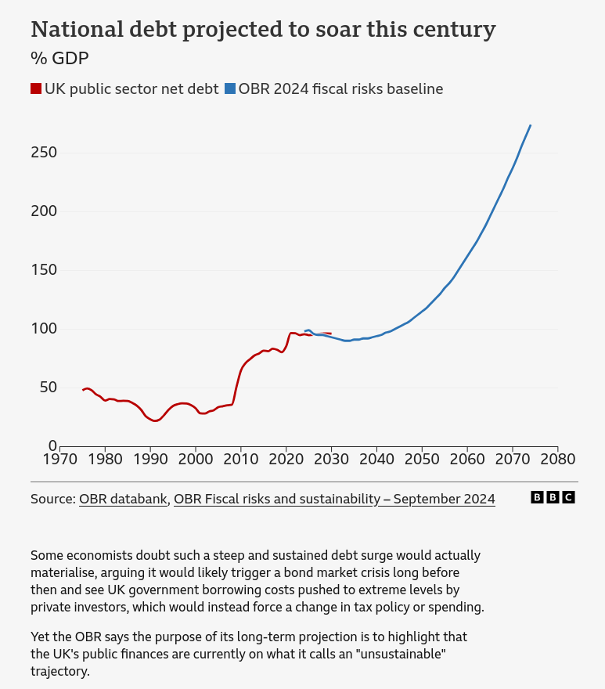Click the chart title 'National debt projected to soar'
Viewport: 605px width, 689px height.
tap(263, 30)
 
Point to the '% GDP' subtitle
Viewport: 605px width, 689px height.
tap(59, 58)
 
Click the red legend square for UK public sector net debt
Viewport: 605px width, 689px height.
tap(36, 89)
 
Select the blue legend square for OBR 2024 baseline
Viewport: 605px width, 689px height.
tap(229, 89)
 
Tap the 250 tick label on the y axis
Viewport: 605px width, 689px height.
tap(44, 152)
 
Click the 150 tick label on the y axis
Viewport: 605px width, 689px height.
tap(44, 270)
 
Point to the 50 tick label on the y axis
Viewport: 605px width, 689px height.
tap(48, 388)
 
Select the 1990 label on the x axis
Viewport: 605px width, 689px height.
tap(150, 459)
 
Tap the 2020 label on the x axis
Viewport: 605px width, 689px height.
tap(286, 459)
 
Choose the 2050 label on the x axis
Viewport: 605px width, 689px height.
tap(422, 459)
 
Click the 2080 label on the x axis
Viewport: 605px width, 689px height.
tap(557, 459)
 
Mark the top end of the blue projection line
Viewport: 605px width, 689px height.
tap(531, 125)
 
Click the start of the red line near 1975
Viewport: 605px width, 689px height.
tap(83, 390)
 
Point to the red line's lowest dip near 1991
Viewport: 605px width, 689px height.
tap(155, 420)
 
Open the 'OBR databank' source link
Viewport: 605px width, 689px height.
tap(124, 499)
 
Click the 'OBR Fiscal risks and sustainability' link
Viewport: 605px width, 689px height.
tap(334, 499)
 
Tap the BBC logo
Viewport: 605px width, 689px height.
tap(553, 497)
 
